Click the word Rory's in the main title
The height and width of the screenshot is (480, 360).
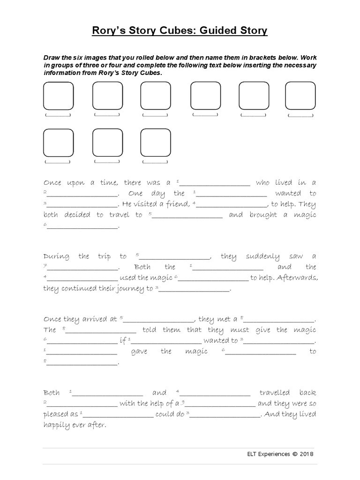[x=108, y=31]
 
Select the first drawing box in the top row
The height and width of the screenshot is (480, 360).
[x=58, y=96]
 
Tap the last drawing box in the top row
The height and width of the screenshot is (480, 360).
[x=300, y=96]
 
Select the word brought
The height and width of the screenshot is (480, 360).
[x=263, y=215]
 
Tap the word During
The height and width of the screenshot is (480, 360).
[x=56, y=256]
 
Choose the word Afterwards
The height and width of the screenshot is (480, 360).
[x=298, y=277]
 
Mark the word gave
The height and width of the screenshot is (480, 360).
[x=139, y=352]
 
